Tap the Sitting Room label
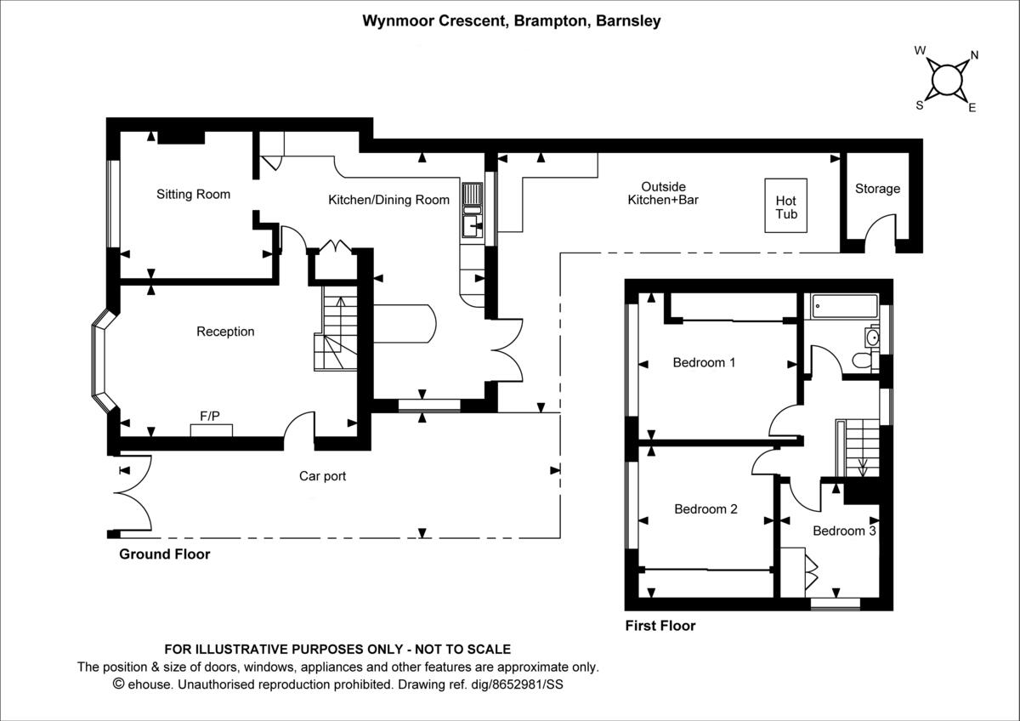tap(193, 194)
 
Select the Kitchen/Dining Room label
tap(388, 200)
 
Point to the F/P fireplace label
tap(210, 416)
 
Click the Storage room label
tap(877, 189)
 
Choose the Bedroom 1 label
tap(704, 362)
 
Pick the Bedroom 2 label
tap(705, 509)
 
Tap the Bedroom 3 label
tap(843, 531)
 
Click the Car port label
tap(322, 476)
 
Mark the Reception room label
tap(225, 332)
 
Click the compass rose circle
tap(946, 81)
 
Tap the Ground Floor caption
tap(164, 554)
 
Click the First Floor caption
tap(660, 626)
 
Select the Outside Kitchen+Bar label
tap(663, 193)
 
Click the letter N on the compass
tap(974, 55)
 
